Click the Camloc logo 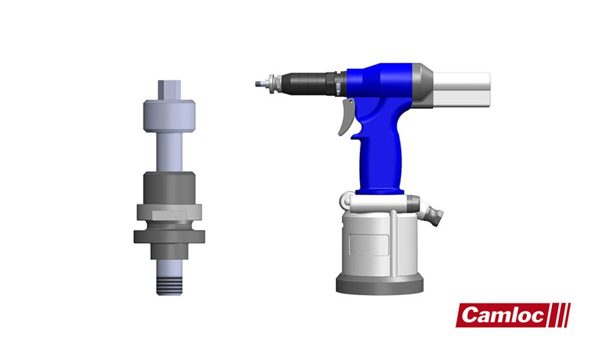[513, 315]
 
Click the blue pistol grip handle [381, 152]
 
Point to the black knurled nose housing [307, 85]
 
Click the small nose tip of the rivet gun [258, 85]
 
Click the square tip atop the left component [168, 89]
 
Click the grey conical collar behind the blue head [422, 85]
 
